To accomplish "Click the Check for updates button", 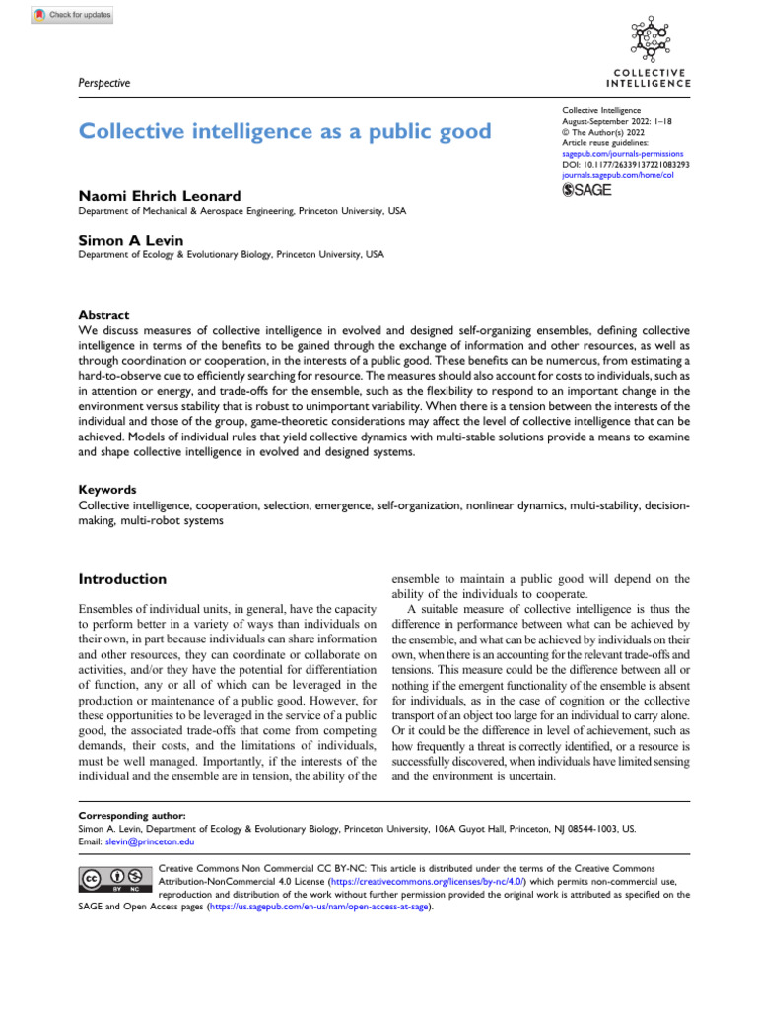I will click(73, 15).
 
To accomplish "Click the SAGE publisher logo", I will click(586, 190).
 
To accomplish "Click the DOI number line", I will click(626, 165).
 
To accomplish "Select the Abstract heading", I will click(103, 315).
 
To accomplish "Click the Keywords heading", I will click(106, 489).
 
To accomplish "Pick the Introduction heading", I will click(122, 579).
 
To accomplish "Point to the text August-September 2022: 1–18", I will click(612, 122).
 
